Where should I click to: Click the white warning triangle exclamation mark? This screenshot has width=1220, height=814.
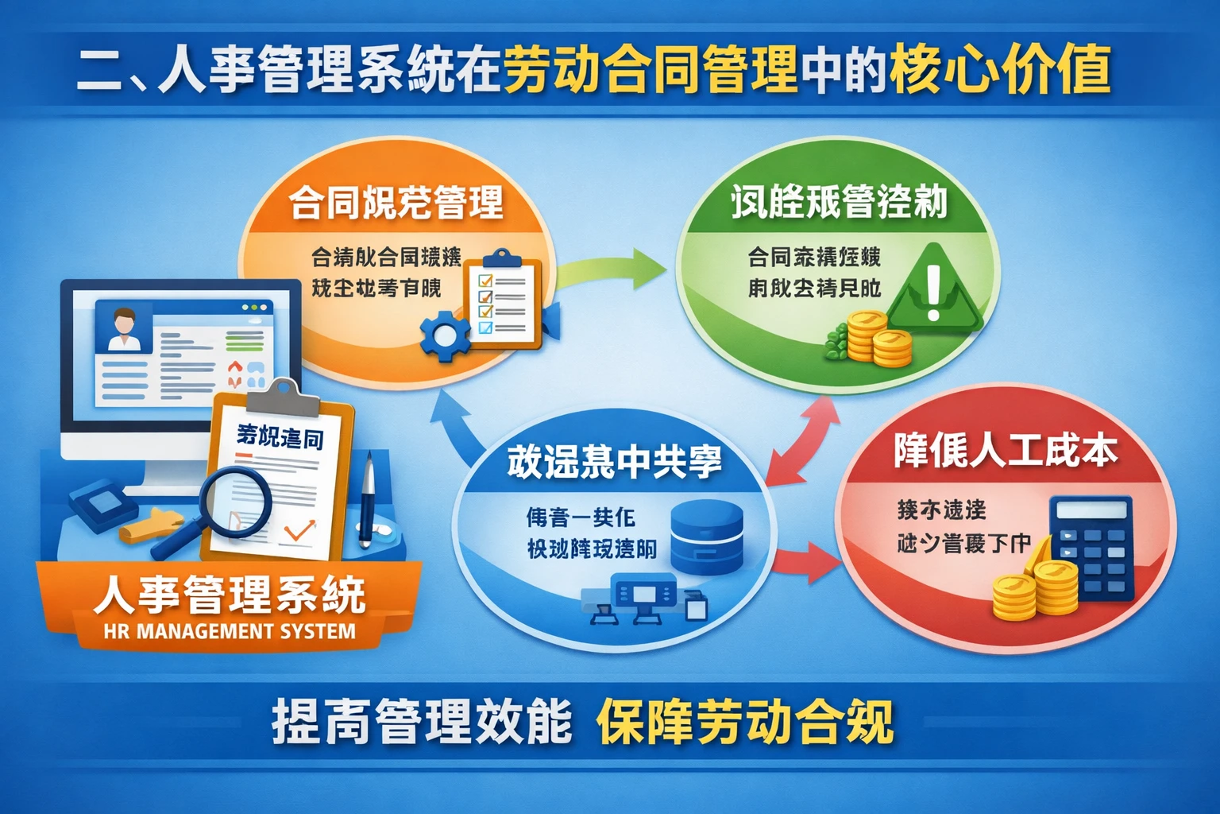[934, 291]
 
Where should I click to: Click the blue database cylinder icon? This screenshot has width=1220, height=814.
[707, 537]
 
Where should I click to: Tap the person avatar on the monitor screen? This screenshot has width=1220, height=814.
[123, 328]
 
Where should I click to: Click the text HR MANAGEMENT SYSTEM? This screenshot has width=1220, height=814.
[230, 632]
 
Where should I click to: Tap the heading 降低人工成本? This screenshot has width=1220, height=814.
[1006, 451]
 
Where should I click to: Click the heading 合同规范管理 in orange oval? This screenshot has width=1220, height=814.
[396, 202]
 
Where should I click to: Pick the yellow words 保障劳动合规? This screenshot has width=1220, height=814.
[744, 722]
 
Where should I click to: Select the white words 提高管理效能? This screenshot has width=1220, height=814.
[422, 722]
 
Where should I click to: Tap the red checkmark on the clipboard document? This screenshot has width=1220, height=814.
[299, 529]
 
